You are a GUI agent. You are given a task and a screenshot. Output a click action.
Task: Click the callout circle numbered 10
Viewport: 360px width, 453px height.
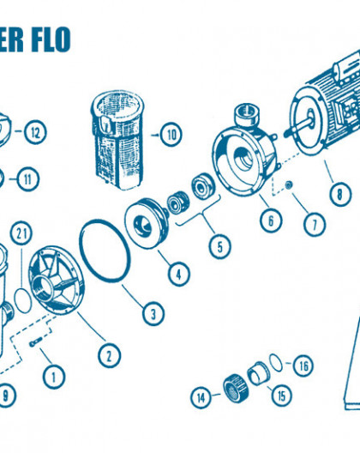[171, 135]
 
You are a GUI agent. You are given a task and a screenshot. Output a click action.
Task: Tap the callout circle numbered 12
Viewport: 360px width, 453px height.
[35, 132]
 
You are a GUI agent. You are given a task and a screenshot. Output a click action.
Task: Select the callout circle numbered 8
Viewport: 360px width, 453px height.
[340, 194]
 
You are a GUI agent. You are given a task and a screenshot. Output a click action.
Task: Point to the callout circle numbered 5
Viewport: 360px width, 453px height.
[220, 247]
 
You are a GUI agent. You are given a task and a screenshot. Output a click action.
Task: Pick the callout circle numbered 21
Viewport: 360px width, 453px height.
[21, 233]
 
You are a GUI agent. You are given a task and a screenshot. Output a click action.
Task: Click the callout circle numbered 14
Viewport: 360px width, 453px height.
[201, 397]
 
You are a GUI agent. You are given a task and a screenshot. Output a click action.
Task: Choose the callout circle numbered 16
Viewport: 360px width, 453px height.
[303, 365]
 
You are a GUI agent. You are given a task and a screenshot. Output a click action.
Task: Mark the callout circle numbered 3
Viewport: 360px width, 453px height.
[153, 314]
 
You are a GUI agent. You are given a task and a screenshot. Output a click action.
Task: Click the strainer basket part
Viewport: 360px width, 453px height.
[117, 140]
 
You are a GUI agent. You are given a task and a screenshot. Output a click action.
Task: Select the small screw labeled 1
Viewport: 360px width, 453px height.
[36, 342]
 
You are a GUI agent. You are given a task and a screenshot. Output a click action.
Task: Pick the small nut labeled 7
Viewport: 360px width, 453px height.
[288, 185]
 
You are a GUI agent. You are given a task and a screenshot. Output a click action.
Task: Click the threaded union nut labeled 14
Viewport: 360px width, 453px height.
[236, 387]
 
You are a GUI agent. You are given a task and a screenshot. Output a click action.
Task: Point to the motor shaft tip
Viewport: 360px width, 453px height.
[285, 134]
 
